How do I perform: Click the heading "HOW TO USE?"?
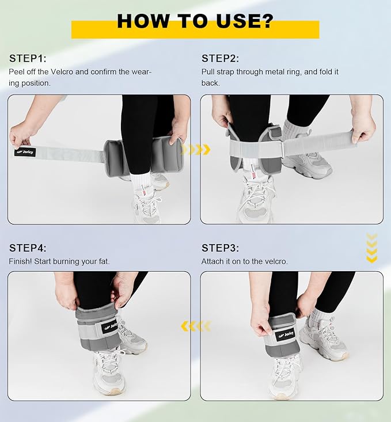coord(195,21)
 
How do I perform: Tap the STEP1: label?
coord(28,58)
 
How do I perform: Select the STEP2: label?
coord(220,58)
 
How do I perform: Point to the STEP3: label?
coord(220,248)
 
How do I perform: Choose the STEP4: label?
coord(28,248)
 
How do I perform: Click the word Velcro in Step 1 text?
coord(62,72)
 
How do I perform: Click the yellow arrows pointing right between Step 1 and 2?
coord(196,149)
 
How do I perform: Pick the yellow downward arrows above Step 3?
coord(371,248)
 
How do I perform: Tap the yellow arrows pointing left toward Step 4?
coord(196,326)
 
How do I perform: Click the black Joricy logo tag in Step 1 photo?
coord(25,152)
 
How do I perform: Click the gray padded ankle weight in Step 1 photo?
coord(144,156)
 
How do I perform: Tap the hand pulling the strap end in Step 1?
coord(22,136)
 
